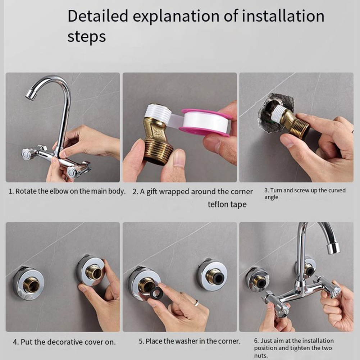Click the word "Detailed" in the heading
point(98,16)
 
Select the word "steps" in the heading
point(86,37)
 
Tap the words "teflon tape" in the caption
point(227,204)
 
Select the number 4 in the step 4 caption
point(15,341)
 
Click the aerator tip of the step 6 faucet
point(333,248)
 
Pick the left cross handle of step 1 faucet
point(28,154)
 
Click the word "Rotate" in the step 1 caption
point(26,191)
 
